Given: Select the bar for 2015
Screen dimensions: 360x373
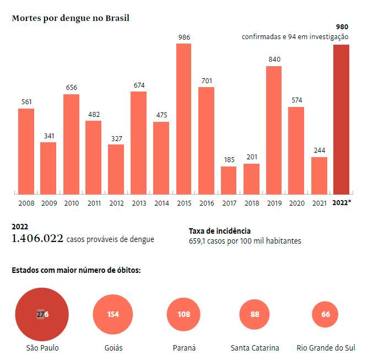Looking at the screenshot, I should (183, 119).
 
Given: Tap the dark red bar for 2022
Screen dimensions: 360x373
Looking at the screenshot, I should (342, 119).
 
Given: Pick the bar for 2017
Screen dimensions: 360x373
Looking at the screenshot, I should (229, 180).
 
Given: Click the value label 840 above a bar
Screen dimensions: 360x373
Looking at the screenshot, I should (274, 59).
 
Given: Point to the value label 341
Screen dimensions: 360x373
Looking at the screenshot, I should (48, 136).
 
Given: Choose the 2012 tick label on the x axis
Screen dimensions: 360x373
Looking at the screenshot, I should (116, 203).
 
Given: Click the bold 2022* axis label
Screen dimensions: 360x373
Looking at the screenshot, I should (342, 203).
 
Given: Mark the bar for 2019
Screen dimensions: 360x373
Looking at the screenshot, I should (274, 130).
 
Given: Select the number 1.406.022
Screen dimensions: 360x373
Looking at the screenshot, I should (37, 239).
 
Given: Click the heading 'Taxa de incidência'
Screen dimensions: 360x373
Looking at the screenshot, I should (219, 231).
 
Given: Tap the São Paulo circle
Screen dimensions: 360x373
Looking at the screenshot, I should (42, 314).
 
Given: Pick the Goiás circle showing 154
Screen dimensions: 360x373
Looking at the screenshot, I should (113, 314).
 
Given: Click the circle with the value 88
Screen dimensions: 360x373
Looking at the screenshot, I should (255, 314).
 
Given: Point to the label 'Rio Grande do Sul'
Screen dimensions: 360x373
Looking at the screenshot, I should (325, 348).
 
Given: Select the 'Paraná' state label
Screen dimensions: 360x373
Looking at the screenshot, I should (183, 348).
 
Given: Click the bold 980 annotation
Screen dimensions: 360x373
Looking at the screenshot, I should (342, 26).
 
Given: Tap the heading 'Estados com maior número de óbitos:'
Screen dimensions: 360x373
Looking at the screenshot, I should (76, 271).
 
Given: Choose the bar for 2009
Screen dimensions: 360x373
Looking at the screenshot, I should (48, 168).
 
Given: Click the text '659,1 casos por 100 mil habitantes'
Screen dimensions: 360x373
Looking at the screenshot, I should (245, 241).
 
